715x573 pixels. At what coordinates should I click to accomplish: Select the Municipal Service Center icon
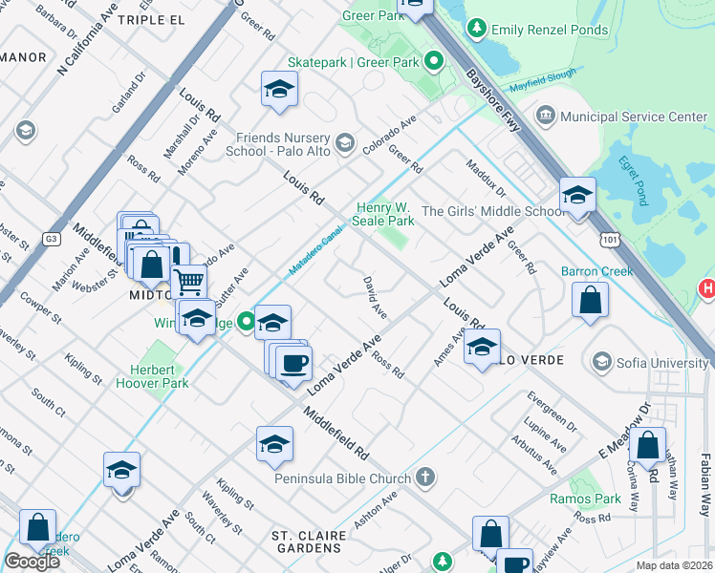coord(546,117)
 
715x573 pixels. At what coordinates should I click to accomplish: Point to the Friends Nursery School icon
coord(345,143)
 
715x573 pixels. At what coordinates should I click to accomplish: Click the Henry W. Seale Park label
coord(385,214)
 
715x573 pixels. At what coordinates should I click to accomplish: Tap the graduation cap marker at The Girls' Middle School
coord(577,196)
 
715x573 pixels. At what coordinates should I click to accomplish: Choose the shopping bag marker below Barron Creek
coord(590,299)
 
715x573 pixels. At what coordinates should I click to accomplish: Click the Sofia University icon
coord(602,362)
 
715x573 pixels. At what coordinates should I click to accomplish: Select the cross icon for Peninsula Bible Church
coord(424,477)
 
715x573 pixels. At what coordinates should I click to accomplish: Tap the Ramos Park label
coord(585,499)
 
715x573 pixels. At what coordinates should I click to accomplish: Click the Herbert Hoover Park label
coord(160,376)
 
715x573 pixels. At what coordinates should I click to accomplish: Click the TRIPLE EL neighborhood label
coord(150,19)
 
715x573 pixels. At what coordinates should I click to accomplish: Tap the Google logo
coord(32,562)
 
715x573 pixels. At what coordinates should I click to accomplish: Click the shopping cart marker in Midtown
coord(189,280)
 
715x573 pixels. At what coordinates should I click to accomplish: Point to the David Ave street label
coord(375,298)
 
